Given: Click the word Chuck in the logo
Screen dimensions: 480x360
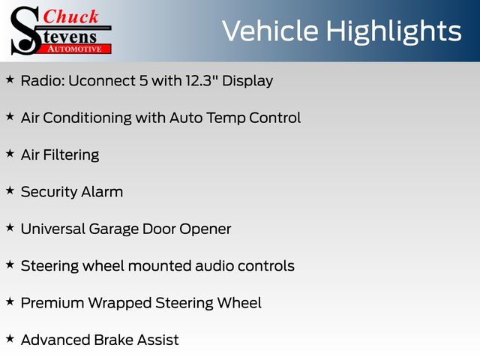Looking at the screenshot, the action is [x=70, y=16].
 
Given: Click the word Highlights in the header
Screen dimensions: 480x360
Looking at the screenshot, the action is [x=393, y=32].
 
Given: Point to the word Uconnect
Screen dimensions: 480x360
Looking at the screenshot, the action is [x=102, y=81].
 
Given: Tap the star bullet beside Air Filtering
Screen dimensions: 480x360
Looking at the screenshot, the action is [x=10, y=153].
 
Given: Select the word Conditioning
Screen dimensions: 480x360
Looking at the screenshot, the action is [x=87, y=118].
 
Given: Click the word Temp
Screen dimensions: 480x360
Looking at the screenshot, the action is [x=226, y=118].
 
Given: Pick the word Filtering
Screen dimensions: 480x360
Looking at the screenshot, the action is [x=71, y=155].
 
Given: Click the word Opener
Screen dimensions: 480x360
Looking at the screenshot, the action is [x=205, y=229].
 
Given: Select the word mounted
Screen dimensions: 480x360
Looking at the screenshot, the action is [x=159, y=266].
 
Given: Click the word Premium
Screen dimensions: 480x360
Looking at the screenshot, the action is [x=52, y=303].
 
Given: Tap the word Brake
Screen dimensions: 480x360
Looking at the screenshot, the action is [x=113, y=340].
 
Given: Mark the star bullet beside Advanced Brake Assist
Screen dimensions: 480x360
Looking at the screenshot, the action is [x=10, y=338].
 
